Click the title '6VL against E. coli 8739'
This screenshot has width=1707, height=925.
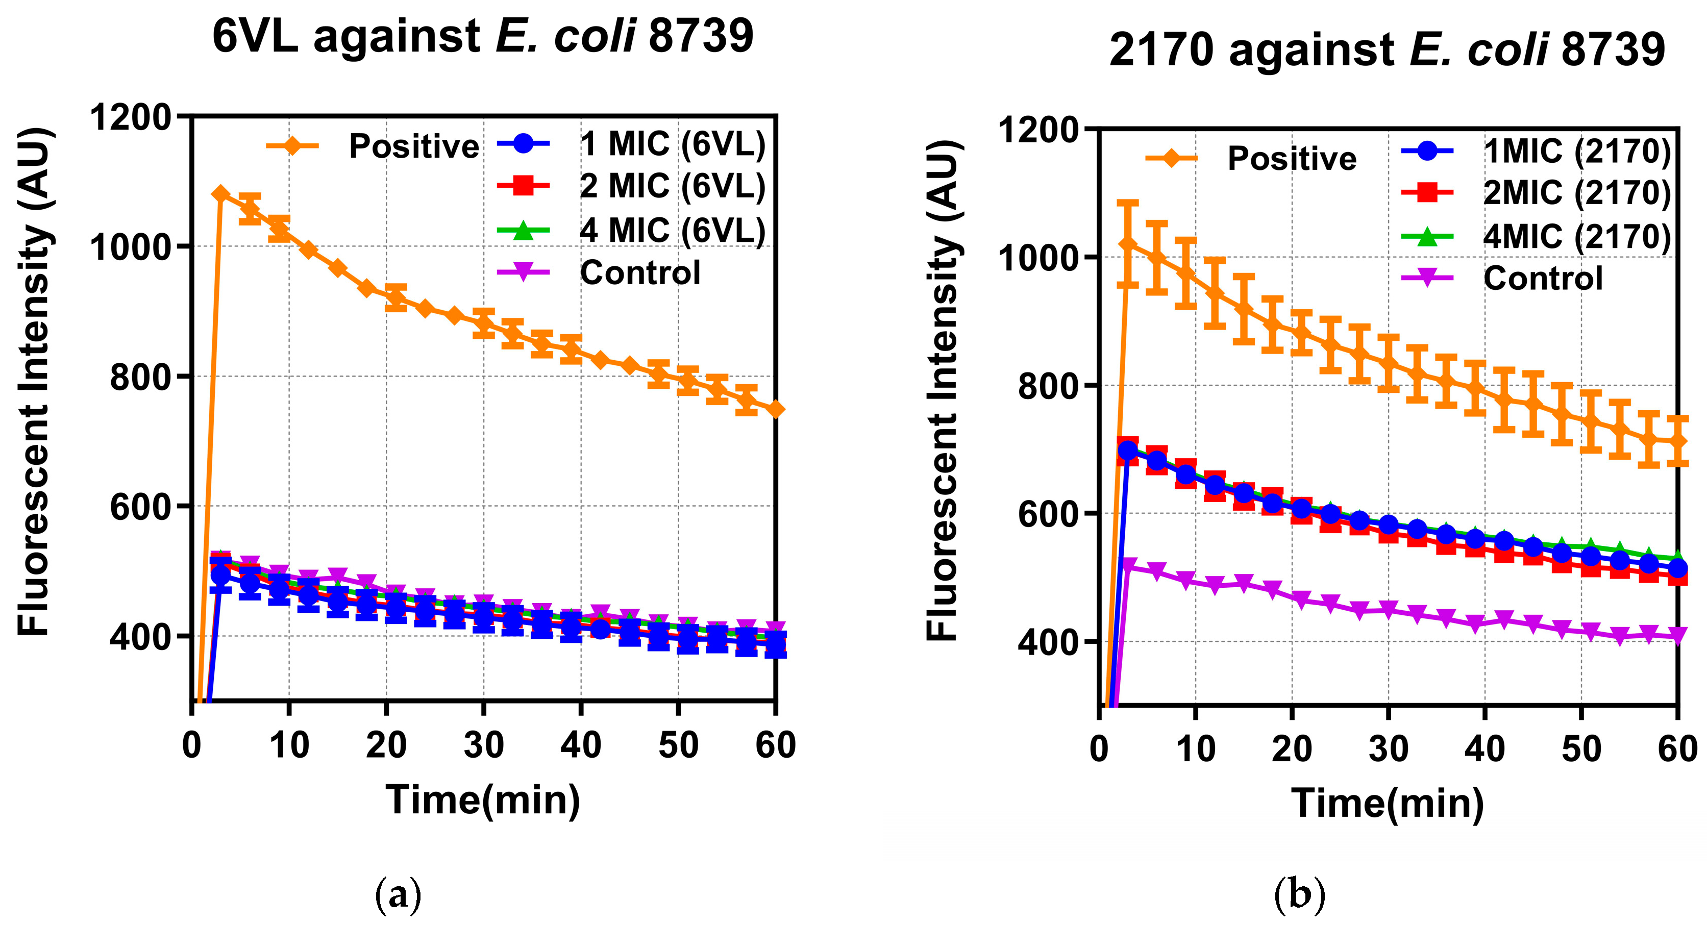click(482, 36)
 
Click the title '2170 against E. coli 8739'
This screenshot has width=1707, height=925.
click(1387, 49)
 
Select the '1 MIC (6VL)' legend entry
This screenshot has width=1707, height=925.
click(672, 144)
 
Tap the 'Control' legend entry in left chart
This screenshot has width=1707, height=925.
click(639, 272)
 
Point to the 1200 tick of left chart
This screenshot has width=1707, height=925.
click(131, 118)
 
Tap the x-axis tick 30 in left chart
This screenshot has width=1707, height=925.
click(484, 745)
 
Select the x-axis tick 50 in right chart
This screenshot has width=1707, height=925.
click(1581, 749)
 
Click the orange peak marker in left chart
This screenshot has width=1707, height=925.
click(220, 193)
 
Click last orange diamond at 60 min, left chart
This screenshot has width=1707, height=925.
click(775, 410)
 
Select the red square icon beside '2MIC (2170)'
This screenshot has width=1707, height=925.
click(1428, 193)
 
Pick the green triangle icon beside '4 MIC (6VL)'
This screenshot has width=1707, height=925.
click(523, 231)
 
